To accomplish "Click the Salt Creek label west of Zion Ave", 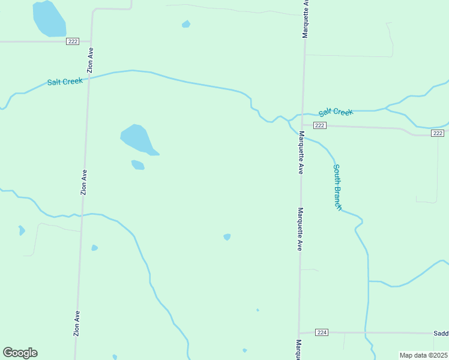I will (x=65, y=82).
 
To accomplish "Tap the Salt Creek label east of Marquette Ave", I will (x=336, y=112).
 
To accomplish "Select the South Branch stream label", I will (x=337, y=187).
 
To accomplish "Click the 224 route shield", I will (x=322, y=332).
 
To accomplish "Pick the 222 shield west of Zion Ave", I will (x=73, y=41).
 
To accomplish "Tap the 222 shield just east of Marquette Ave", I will (x=319, y=125).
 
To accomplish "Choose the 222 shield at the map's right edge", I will (x=438, y=133).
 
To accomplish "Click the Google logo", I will (x=20, y=353).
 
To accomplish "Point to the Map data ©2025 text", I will (x=424, y=355).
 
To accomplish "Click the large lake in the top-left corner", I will (x=49, y=19).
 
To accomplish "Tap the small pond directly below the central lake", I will (x=138, y=165).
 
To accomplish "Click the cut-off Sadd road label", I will (x=441, y=333).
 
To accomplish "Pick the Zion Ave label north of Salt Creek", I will (x=90, y=59).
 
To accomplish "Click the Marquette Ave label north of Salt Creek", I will (x=305, y=19).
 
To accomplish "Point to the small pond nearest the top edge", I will (x=186, y=25).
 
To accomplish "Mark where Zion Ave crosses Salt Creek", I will (x=89, y=77).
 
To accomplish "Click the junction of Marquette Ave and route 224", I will (x=299, y=332).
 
